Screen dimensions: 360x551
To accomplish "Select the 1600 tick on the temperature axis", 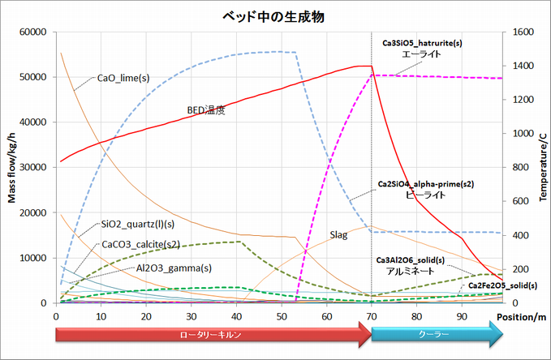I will [x=518, y=32].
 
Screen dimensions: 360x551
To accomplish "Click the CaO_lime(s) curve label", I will [x=123, y=79].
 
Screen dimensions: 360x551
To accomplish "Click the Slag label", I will [x=338, y=235].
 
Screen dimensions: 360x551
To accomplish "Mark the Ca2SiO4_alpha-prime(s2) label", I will [x=426, y=185].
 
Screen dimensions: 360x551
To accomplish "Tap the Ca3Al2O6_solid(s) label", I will [x=421, y=259].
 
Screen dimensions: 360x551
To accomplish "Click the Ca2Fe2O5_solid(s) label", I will [x=502, y=285].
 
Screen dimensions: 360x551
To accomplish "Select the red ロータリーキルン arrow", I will [x=211, y=332].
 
